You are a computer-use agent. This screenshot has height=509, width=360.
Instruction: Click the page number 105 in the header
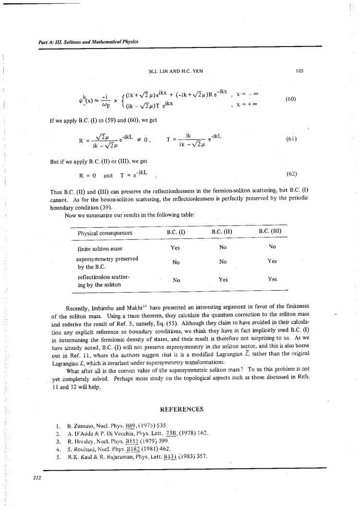tap(300, 71)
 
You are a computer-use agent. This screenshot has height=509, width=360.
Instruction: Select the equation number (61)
tap(291, 139)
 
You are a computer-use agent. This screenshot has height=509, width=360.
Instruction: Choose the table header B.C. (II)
tap(222, 232)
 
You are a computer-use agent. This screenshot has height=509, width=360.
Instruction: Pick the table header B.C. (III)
tap(270, 231)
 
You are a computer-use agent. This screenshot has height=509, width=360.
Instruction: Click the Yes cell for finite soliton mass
tap(175, 248)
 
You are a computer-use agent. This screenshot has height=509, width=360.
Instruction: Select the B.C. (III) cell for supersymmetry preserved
tap(272, 261)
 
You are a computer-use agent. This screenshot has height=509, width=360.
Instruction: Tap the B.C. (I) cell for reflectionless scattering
tap(176, 280)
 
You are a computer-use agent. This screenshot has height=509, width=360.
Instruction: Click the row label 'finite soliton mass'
tap(100, 249)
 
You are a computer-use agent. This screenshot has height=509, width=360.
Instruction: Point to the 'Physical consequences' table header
tap(105, 233)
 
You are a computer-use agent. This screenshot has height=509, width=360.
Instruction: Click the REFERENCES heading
tap(181, 409)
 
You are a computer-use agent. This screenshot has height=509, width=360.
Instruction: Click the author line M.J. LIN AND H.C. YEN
tap(176, 71)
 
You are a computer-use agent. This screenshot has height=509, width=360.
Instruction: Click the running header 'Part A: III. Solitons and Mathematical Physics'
tap(88, 42)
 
